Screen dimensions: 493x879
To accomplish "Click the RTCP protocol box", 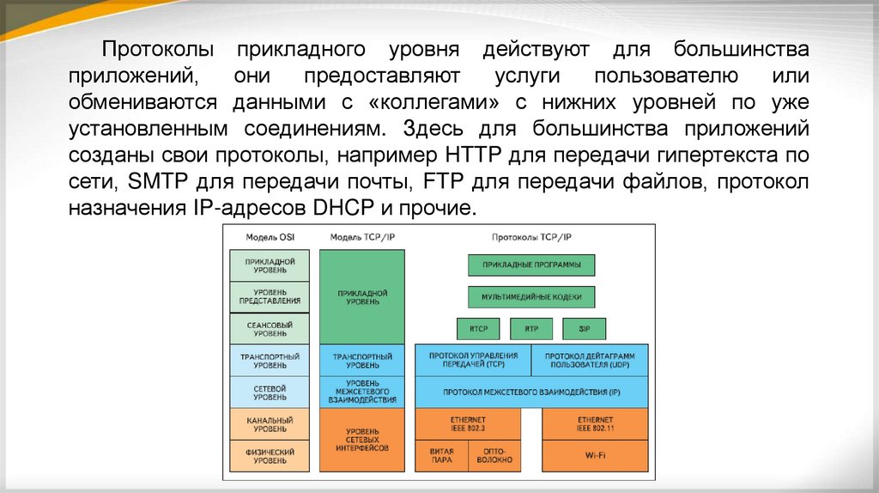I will click(x=478, y=329).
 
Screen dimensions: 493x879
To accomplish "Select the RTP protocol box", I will click(x=531, y=329).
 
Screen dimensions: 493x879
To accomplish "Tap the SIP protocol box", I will click(x=585, y=329).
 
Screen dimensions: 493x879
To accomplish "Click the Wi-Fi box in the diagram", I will click(x=595, y=455).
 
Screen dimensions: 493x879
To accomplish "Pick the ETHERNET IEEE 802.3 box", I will click(x=468, y=423).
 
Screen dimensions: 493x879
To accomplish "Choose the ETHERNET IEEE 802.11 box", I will click(x=595, y=423).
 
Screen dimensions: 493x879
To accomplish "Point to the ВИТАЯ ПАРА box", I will click(x=441, y=455).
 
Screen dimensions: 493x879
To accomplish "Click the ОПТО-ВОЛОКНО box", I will click(x=494, y=455).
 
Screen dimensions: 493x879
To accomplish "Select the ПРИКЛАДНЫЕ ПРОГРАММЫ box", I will click(x=531, y=265).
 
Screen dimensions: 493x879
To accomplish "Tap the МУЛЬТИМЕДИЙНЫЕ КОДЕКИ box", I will click(x=531, y=297).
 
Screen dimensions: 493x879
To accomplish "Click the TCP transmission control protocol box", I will click(x=472, y=360).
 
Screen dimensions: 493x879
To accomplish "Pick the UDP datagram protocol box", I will click(x=590, y=360).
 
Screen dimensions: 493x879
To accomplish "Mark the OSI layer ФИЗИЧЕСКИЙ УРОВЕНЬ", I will click(x=270, y=456).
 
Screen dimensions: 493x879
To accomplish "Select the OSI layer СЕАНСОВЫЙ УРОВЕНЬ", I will click(x=270, y=329).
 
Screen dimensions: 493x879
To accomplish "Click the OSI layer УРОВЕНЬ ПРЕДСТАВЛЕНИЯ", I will click(x=270, y=297).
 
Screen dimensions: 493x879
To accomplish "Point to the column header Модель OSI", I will click(x=270, y=236).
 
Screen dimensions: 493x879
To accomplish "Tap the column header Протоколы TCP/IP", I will click(x=531, y=236).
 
